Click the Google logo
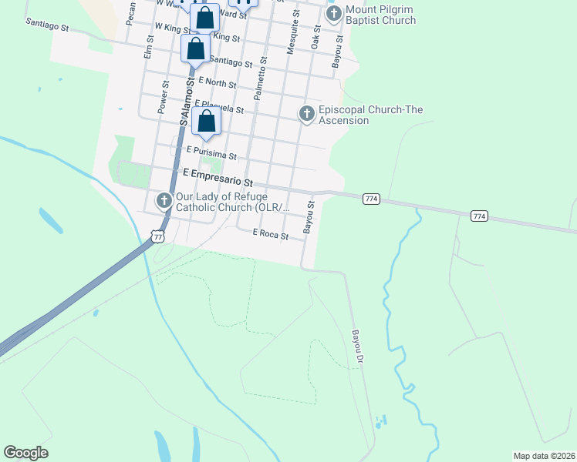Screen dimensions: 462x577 26,453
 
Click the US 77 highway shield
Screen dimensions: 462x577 158,236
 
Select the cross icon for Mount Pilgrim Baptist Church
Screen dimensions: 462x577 333,15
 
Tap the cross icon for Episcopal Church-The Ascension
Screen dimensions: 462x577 306,114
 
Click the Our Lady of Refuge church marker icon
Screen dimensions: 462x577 164,201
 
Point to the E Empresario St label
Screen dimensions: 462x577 218,178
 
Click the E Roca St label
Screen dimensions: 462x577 270,235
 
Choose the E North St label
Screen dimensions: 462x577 217,82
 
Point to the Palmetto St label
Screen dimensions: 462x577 261,77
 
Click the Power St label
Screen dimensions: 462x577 164,97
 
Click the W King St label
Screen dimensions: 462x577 172,27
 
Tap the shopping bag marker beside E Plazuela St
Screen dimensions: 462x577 207,121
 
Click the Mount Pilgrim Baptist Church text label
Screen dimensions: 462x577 380,15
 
